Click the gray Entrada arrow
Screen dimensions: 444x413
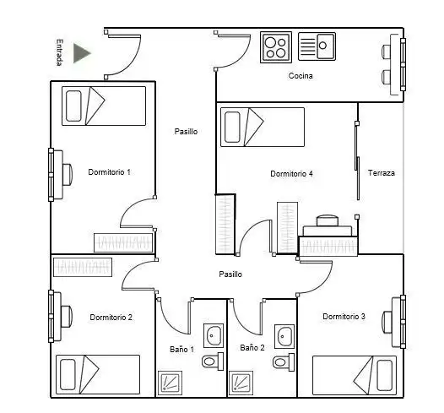point(82,53)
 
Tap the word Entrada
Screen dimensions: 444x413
point(59,52)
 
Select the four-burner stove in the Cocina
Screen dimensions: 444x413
point(276,47)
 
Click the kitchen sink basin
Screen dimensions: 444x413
point(325,46)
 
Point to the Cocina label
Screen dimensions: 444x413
point(301,76)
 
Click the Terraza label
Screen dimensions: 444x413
point(382,173)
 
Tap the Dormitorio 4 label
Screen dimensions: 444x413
point(291,174)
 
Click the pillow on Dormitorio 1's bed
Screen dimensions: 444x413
point(73,106)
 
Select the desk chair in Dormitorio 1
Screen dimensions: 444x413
point(68,175)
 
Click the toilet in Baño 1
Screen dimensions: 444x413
point(213,361)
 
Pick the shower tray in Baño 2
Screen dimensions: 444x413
point(241,383)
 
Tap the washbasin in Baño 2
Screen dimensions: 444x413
point(284,336)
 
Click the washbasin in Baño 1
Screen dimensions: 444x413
point(214,335)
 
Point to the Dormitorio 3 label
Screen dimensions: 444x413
point(344,316)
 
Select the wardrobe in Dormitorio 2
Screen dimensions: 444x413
point(83,267)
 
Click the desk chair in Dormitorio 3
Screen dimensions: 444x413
point(387,321)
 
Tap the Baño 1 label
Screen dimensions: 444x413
point(181,350)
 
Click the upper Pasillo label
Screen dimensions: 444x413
point(186,131)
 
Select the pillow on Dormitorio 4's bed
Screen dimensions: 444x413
point(232,127)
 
